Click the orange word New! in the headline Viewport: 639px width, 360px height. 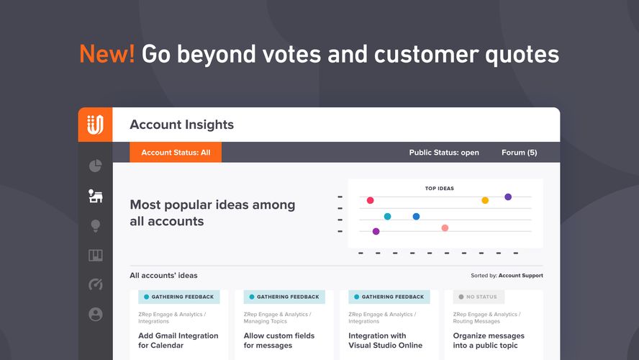pos(106,54)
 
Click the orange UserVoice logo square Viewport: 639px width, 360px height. pos(95,125)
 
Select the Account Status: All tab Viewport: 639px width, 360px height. pos(176,153)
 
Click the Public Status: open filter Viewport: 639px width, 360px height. pos(444,153)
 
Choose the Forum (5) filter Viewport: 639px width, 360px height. pos(519,153)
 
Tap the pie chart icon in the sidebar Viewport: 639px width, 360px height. pos(95,166)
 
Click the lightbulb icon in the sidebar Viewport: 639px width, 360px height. pos(95,225)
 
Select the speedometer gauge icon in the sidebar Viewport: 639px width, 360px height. pos(95,284)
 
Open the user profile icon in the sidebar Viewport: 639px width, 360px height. pos(95,315)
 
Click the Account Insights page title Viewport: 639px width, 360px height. pos(181,125)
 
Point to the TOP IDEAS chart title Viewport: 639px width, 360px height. pos(440,189)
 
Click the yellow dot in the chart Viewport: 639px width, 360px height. pos(485,200)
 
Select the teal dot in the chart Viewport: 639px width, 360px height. pos(387,216)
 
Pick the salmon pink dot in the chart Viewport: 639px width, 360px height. pos(445,228)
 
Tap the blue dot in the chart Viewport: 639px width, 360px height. pos(416,216)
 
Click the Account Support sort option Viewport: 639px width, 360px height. pos(520,276)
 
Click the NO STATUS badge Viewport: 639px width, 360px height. pos(479,297)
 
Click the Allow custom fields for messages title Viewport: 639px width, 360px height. pos(278,341)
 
